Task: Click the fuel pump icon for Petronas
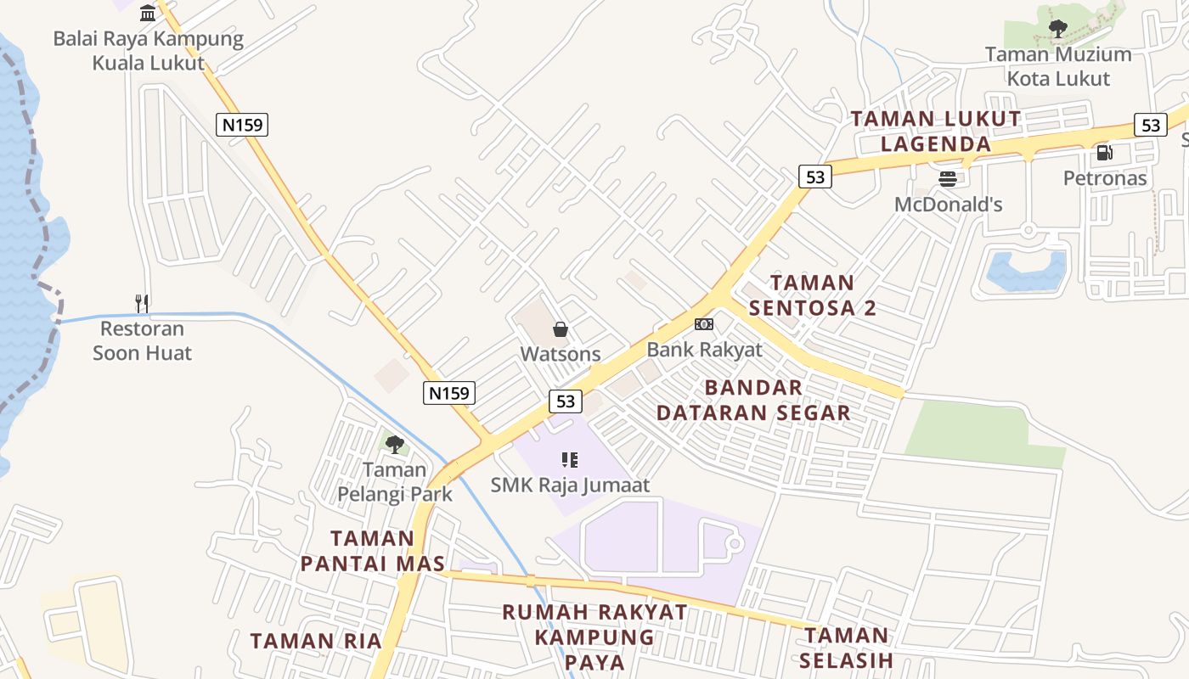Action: click(x=1104, y=153)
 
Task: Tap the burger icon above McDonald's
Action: click(x=948, y=178)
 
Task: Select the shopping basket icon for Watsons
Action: click(x=561, y=329)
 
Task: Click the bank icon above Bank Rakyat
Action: click(x=704, y=324)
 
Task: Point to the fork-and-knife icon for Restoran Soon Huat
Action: click(x=142, y=303)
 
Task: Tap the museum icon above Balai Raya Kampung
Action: click(x=149, y=13)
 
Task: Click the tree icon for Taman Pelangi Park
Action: click(x=394, y=444)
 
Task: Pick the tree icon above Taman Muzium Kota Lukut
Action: click(x=1057, y=30)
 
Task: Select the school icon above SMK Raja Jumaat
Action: click(x=570, y=460)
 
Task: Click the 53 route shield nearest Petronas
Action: click(x=1150, y=125)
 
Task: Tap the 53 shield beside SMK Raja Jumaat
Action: click(x=566, y=401)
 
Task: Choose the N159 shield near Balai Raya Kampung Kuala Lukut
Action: click(x=242, y=125)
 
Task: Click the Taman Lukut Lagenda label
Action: click(x=936, y=131)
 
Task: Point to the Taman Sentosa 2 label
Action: click(x=812, y=295)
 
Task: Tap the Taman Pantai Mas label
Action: click(x=372, y=551)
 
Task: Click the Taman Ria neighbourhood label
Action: click(x=316, y=641)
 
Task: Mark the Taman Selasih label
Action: click(x=847, y=647)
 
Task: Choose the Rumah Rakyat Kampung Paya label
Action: click(x=594, y=637)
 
